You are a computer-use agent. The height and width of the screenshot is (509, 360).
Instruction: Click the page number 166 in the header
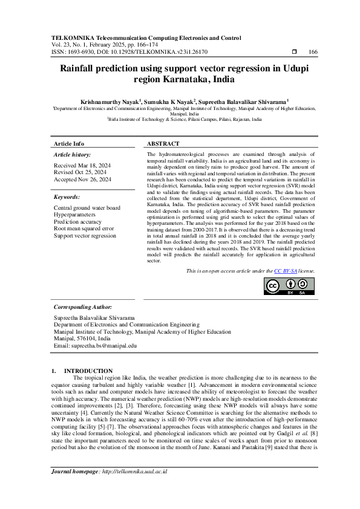point(313,53)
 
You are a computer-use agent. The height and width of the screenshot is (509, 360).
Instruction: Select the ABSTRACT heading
point(163,144)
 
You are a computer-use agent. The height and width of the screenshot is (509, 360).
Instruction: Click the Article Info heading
point(69,144)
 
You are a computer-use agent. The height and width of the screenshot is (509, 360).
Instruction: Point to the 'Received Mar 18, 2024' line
point(82,165)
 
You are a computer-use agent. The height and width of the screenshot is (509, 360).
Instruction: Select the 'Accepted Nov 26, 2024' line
point(83,180)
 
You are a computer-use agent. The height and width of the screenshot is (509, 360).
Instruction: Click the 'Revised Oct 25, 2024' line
point(81,172)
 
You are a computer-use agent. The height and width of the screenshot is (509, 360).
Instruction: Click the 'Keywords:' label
point(67,197)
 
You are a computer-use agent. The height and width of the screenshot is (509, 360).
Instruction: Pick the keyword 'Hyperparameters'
point(74,215)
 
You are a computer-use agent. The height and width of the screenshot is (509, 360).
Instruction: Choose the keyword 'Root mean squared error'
point(83,229)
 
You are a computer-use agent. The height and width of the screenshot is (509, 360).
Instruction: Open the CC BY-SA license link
point(286,271)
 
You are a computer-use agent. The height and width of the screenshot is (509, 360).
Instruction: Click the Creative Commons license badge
point(289,286)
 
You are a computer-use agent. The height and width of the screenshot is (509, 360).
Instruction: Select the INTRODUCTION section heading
point(88,371)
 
